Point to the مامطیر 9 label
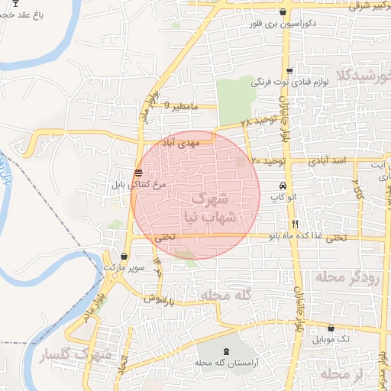click(181, 107)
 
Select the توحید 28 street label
click(254, 122)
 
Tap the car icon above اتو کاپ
click(283, 186)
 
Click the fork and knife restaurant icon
click(295, 224)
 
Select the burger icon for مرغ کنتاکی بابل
click(137, 173)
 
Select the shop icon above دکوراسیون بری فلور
click(283, 11)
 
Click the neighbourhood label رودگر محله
click(351, 276)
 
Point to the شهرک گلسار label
click(76, 357)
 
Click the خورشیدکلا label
click(367, 75)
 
